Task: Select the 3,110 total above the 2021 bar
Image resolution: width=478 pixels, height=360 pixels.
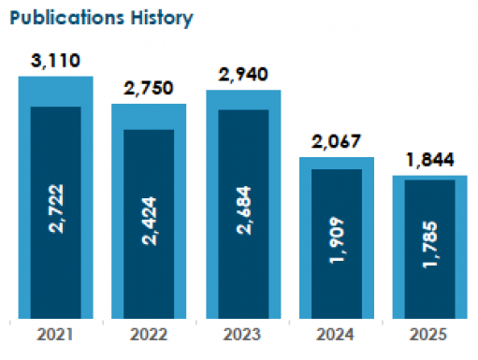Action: click(56, 63)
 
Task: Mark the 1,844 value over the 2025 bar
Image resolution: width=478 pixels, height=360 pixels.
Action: click(430, 161)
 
